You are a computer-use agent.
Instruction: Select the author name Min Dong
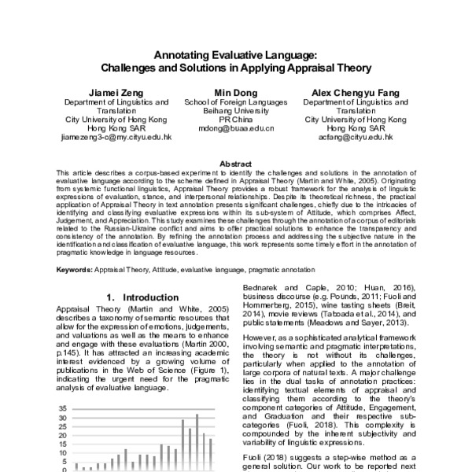(x=235, y=92)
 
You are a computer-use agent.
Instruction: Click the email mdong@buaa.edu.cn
(x=235, y=127)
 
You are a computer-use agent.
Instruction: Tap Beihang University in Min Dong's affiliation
(x=235, y=110)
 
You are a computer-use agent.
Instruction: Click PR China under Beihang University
(x=235, y=119)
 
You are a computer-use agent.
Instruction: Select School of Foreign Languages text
(x=235, y=101)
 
